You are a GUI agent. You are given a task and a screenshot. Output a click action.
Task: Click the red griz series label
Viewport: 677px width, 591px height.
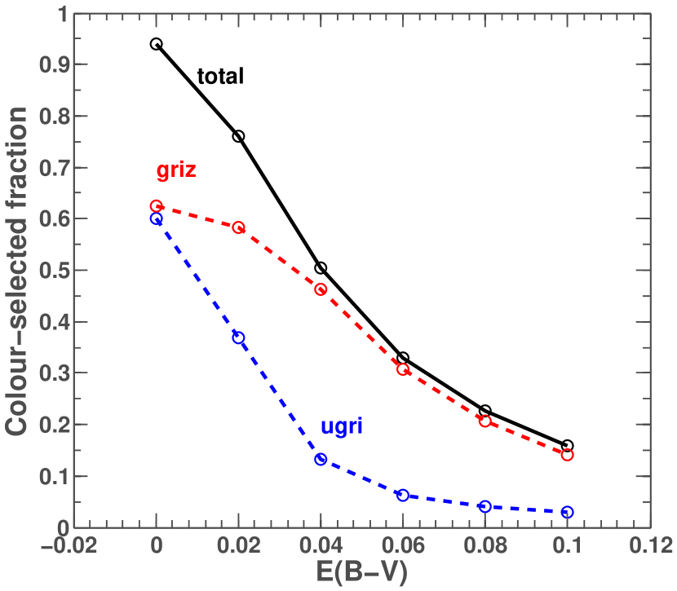[x=176, y=171]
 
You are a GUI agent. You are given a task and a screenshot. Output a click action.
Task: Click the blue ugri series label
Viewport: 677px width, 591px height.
[x=341, y=426]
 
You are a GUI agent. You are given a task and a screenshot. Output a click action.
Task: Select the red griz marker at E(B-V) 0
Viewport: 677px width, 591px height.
[x=157, y=206]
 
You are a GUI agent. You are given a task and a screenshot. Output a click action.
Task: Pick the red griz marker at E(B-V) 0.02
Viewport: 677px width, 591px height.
[x=239, y=227]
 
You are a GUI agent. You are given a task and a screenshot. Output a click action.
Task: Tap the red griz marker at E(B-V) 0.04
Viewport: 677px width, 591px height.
[x=321, y=289]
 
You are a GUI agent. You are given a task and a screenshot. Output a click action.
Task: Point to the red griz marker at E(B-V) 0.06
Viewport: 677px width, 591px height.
[x=403, y=369]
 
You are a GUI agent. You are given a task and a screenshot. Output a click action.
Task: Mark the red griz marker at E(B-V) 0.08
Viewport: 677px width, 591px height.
[x=485, y=421]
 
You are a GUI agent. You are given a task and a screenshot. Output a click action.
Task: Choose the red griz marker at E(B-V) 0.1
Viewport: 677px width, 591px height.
[x=567, y=454]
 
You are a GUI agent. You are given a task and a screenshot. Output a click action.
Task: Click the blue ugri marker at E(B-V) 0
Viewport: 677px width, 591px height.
[x=157, y=219]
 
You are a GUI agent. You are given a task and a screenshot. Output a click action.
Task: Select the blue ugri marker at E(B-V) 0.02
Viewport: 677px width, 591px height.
[x=239, y=337]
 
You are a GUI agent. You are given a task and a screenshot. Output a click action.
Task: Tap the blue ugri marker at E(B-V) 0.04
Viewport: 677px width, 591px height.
[x=321, y=460]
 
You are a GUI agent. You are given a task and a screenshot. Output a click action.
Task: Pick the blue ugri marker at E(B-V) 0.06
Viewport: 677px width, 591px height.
[x=403, y=495]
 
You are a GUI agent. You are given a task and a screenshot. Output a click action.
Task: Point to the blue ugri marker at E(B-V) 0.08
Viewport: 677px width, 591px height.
[x=485, y=506]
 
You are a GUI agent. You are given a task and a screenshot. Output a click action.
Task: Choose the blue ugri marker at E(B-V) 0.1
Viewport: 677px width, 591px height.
[x=567, y=512]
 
